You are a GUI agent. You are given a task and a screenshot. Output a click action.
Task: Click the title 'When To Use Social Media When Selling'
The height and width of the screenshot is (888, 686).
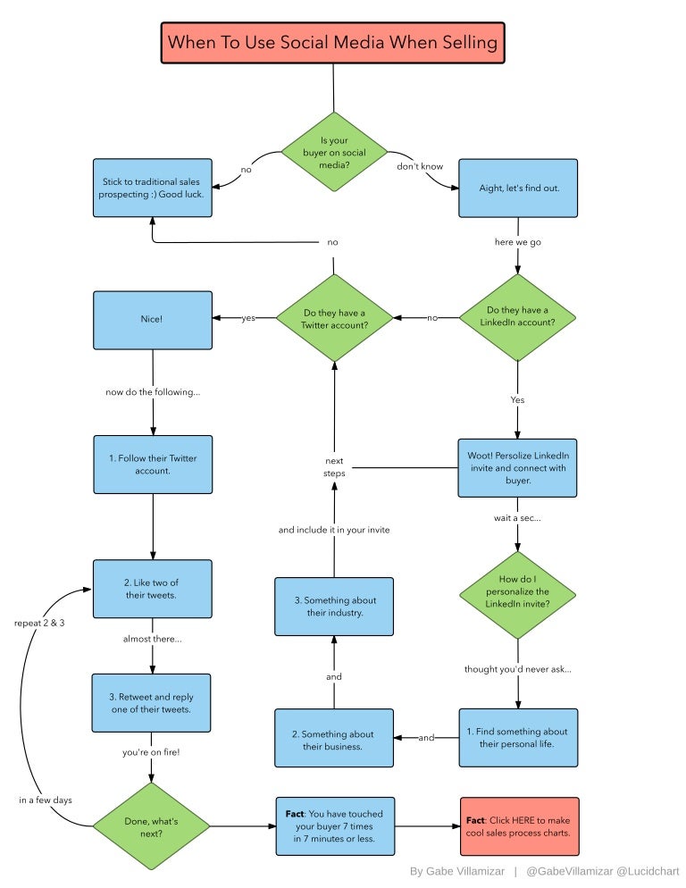[333, 42]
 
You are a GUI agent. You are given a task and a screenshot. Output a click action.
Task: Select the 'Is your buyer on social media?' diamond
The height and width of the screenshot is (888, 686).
[334, 151]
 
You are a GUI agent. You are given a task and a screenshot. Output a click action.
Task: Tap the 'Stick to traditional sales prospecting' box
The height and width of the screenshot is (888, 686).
[153, 188]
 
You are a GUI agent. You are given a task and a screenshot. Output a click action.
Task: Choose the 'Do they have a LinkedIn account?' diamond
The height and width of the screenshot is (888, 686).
[518, 316]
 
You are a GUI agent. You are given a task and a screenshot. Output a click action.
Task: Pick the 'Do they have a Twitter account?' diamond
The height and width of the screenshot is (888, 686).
[334, 318]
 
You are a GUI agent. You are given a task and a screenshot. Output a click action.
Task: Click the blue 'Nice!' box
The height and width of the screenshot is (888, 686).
[153, 319]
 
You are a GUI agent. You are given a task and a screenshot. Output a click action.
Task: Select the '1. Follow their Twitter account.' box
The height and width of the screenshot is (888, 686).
[153, 464]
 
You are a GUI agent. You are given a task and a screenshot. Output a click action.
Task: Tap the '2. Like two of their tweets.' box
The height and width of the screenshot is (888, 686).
[153, 589]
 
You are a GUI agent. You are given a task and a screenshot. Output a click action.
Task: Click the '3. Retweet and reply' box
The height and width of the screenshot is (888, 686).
[153, 703]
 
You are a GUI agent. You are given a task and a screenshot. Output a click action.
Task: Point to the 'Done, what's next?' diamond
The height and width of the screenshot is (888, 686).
[152, 826]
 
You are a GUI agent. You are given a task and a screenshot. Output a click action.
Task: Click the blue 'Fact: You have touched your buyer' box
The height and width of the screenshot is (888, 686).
[334, 826]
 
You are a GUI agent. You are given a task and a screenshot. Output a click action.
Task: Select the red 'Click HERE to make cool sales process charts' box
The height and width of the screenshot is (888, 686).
[519, 826]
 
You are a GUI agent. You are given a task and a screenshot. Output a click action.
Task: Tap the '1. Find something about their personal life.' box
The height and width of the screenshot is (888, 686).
[518, 737]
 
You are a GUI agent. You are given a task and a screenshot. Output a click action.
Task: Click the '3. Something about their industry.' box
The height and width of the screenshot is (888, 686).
[334, 606]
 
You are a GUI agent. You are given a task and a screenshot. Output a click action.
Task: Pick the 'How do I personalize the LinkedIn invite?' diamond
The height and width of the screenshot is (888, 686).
[518, 592]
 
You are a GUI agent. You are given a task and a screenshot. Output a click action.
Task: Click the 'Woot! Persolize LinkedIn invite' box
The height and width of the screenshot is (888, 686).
[518, 467]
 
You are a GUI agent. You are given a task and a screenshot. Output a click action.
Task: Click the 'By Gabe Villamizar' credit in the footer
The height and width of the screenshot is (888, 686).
[456, 871]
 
